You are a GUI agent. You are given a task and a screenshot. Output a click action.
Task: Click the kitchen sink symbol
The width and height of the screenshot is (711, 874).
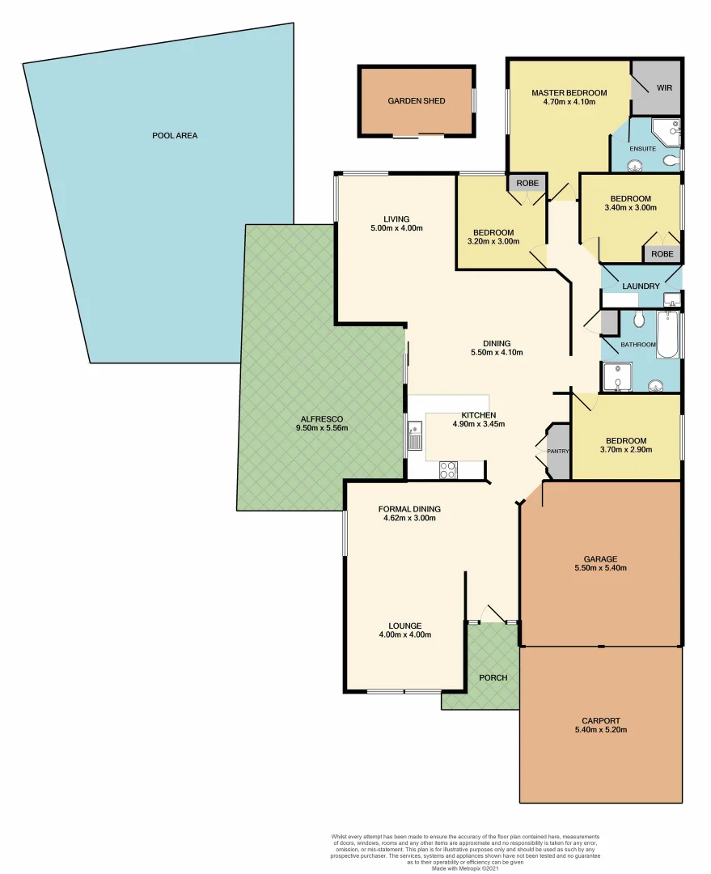415,435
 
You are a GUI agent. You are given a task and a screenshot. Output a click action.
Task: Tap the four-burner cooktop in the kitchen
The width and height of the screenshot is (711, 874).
447,470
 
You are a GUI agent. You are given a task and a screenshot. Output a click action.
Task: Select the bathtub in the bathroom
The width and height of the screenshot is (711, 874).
667,335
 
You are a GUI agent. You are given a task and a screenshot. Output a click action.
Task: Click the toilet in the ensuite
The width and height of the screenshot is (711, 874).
670,161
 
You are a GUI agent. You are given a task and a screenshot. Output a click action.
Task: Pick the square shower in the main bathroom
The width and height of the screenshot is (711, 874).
616,376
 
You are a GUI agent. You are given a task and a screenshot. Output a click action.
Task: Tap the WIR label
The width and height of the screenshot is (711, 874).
664,87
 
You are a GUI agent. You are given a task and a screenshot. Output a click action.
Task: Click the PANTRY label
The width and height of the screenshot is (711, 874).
558,451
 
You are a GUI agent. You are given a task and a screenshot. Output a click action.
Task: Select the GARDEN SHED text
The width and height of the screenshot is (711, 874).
415,101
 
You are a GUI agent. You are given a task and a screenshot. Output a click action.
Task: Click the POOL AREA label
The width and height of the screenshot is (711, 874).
175,135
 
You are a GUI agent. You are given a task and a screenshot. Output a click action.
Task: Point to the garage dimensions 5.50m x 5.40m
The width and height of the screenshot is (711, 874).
600,569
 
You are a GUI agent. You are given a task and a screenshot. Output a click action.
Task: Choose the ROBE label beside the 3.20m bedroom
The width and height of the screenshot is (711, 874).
527,183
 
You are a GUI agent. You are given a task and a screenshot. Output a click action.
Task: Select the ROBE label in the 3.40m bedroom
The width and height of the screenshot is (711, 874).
662,254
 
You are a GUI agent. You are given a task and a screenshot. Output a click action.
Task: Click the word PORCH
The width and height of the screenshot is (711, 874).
493,677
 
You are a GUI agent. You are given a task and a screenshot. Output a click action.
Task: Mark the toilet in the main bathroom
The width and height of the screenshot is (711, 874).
638,320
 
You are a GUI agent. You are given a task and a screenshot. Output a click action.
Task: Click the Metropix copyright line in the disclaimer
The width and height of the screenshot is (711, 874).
465,868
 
